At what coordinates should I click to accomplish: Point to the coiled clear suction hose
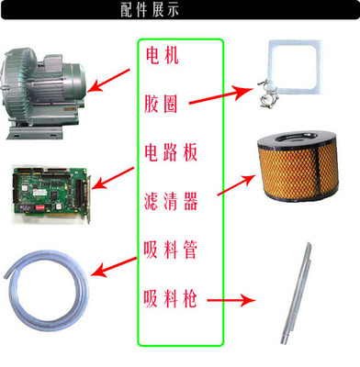pos(46,284)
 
